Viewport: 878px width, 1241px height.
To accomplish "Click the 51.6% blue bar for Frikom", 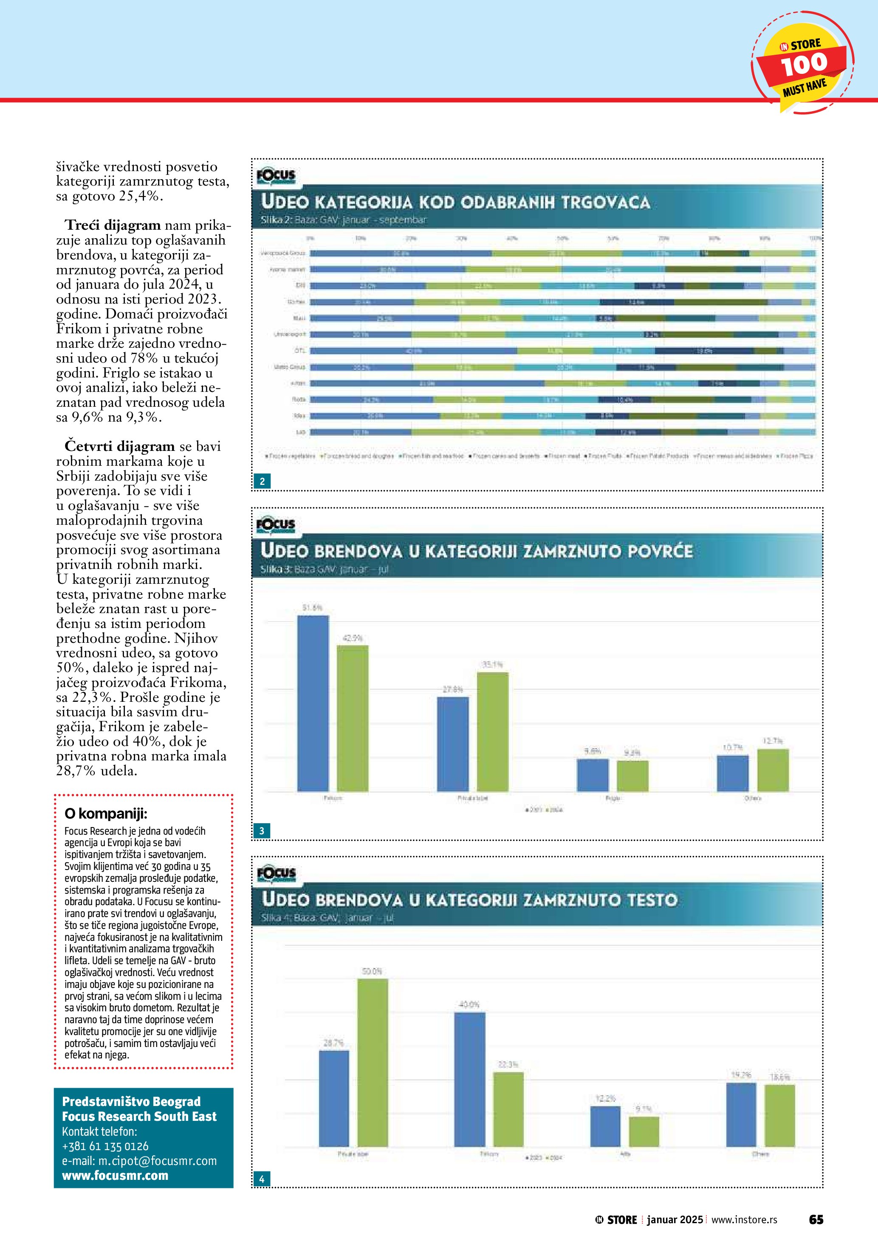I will (x=313, y=703).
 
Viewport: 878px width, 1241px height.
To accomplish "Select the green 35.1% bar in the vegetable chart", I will (x=493, y=731).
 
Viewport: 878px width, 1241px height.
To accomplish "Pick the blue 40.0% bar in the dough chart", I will (x=469, y=1079).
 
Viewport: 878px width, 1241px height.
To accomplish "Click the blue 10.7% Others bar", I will (x=733, y=773).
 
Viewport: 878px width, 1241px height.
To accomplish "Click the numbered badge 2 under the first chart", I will (x=262, y=481).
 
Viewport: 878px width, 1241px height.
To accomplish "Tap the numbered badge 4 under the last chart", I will (x=262, y=1179).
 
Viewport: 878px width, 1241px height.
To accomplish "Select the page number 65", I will (x=816, y=1219).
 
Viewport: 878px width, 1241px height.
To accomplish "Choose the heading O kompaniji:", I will (x=106, y=813).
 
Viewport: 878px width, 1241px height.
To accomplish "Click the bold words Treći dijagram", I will (x=113, y=225).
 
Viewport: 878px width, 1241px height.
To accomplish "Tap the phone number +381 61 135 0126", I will (x=105, y=1146).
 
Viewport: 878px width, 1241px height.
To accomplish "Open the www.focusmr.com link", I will (x=115, y=1176).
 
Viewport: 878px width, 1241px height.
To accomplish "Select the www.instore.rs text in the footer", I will (x=744, y=1220).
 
